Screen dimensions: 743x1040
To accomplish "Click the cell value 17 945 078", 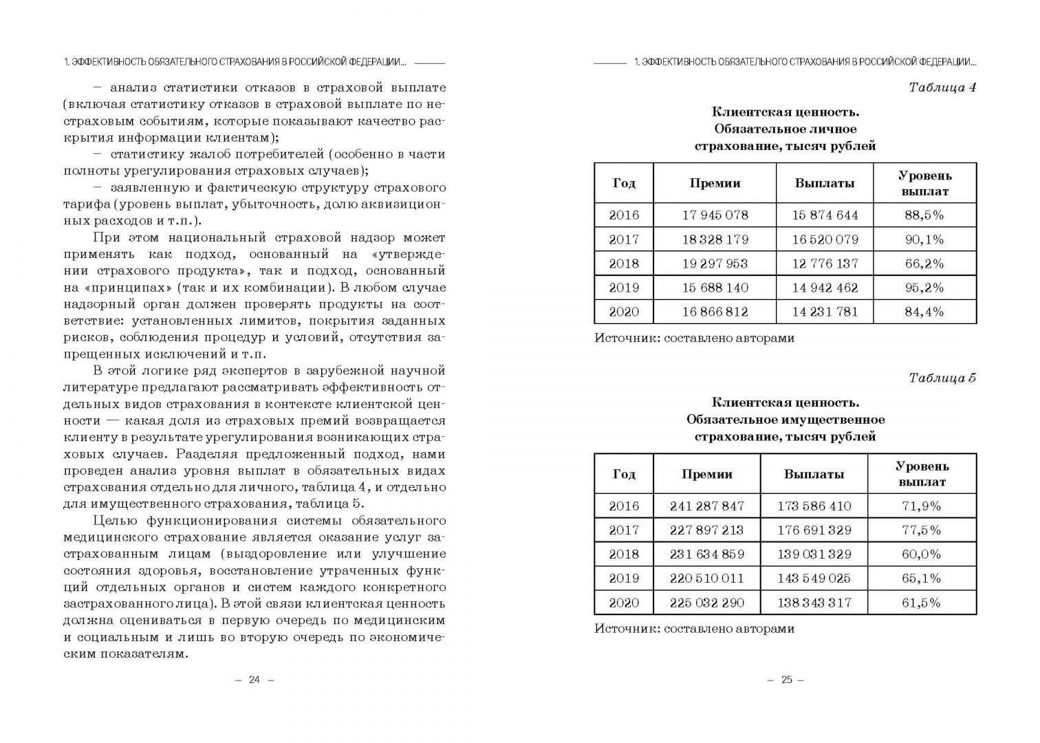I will [715, 215].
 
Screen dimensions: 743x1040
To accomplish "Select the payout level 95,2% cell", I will [924, 288].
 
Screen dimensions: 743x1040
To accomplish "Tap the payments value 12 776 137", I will [825, 263].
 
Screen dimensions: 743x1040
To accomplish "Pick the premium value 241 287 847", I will [706, 506].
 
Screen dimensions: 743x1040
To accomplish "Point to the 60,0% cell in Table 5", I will [921, 554].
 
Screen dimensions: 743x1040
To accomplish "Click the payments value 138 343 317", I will [814, 603].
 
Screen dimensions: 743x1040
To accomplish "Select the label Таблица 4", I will [942, 87].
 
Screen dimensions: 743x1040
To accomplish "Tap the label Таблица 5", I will [942, 378].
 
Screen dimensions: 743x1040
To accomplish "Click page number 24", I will [254, 680].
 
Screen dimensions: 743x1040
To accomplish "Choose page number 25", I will [786, 680].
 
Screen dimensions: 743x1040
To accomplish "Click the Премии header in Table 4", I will [715, 183].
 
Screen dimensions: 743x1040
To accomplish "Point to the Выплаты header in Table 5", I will [814, 474].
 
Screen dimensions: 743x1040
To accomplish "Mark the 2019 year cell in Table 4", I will [623, 288].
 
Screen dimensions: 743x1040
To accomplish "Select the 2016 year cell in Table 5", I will [623, 506].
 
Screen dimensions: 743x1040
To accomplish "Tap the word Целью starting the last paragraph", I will [114, 521].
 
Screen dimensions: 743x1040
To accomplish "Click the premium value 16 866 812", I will [715, 312].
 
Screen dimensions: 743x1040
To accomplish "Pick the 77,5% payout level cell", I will [921, 530].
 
